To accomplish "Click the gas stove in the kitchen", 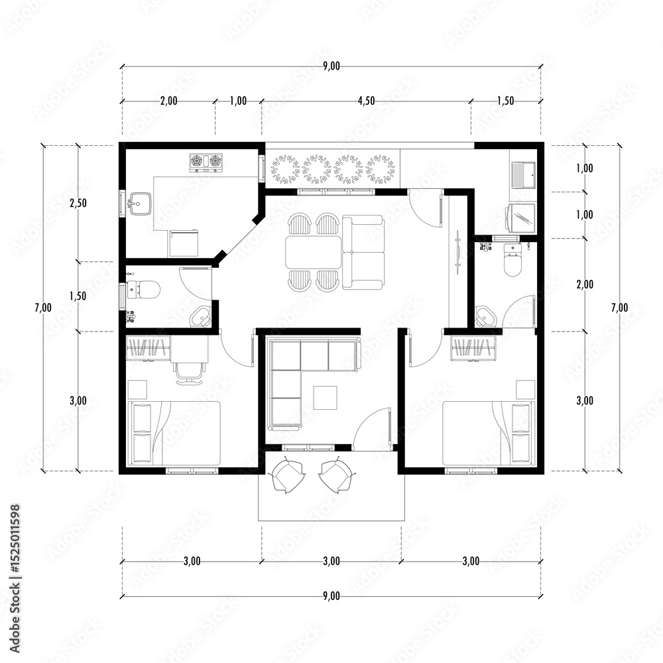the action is coord(206,162).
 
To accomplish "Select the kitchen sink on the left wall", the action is coord(139,204).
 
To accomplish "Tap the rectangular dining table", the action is coord(314,252).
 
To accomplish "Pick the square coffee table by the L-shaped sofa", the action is coord(325,397).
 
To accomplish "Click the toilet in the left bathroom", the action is coord(144,290).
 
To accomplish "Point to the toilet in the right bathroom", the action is coord(513,261).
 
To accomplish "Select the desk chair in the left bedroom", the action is coord(189,373).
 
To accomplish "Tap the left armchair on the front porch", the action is coord(288,475).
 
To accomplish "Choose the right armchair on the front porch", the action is coord(337,475).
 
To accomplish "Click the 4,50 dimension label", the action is coord(366,101).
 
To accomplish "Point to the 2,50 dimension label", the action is coord(78,203).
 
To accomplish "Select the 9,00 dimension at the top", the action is coord(331,66).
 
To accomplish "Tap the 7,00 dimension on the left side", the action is coord(43,308).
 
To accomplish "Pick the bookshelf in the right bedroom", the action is coord(473,348).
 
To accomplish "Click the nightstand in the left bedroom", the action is coord(137,389).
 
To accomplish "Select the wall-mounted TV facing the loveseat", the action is coord(458,253).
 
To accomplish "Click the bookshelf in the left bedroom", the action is coord(149,348).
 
